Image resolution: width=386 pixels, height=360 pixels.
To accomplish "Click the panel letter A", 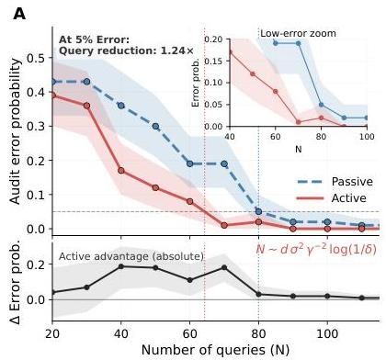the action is [19, 14].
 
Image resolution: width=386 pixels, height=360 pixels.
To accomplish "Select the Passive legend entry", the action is [335, 182].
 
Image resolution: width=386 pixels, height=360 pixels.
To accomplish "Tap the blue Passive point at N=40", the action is [121, 106].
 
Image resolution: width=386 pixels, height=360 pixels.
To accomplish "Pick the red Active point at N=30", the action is [86, 106].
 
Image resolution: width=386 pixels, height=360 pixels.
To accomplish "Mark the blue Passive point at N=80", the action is [258, 211].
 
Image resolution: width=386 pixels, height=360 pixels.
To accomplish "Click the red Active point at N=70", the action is [224, 225].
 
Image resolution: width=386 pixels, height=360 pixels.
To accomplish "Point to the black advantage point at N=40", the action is [121, 266].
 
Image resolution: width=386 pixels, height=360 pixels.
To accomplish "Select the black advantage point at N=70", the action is [224, 267].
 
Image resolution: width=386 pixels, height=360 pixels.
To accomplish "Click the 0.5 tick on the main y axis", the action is [36, 58].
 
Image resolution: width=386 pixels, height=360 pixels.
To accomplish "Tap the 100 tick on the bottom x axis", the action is [327, 333].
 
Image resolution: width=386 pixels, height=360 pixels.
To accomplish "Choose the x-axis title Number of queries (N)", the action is [215, 350].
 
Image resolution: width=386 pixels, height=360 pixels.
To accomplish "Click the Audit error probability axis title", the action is [15, 131].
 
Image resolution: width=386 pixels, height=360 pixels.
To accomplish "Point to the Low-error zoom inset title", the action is [298, 33].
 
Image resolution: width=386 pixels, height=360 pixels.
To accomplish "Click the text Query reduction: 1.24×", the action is [126, 51].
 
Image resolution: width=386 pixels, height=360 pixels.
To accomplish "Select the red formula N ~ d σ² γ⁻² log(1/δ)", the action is [316, 250].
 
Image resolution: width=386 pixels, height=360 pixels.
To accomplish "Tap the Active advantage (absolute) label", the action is [131, 256].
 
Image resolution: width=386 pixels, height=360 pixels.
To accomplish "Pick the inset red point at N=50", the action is [253, 73].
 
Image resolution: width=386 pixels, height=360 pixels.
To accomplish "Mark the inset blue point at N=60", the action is [276, 43].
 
